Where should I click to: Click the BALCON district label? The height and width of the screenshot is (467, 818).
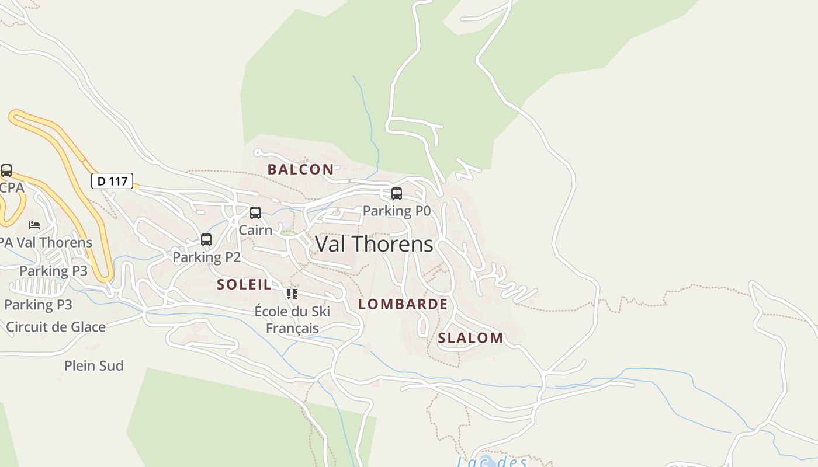click(300, 169)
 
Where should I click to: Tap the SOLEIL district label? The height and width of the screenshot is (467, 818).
click(244, 285)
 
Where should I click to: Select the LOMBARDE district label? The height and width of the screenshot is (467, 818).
click(403, 304)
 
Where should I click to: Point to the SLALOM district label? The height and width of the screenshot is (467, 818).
click(470, 338)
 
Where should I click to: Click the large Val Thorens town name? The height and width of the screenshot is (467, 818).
click(374, 244)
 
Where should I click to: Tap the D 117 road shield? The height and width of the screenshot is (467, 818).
click(112, 181)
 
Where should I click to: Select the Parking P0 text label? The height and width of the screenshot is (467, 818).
click(396, 211)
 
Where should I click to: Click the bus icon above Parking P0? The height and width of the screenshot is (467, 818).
click(397, 194)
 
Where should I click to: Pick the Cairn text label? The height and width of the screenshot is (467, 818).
click(255, 230)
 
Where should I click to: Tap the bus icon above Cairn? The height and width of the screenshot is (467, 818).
click(255, 213)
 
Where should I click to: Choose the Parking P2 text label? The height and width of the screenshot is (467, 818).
click(206, 257)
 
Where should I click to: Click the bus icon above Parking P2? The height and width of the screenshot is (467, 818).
click(206, 240)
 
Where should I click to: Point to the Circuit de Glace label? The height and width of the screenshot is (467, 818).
click(56, 327)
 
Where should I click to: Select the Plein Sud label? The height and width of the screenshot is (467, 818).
click(93, 366)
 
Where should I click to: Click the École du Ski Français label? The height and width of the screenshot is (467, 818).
click(292, 320)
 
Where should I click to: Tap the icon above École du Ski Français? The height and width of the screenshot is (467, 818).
click(292, 294)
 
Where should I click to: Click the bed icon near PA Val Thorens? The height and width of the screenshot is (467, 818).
click(34, 225)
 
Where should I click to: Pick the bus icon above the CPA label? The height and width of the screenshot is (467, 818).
click(6, 170)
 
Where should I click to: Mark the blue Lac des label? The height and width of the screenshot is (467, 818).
click(492, 462)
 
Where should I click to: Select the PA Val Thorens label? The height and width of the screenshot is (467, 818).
click(46, 242)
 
